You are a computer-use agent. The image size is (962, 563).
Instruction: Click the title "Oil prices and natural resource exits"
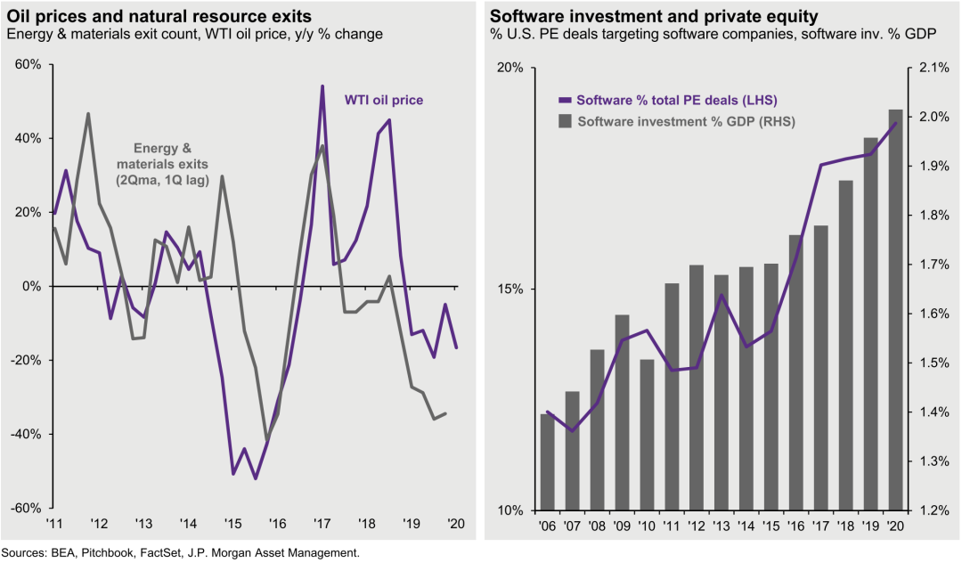click(x=159, y=16)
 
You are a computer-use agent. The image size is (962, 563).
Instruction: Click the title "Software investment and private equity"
click(x=653, y=16)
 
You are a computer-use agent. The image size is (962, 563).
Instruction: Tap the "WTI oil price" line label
click(x=384, y=100)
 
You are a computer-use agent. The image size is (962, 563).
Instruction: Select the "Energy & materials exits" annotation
click(x=163, y=164)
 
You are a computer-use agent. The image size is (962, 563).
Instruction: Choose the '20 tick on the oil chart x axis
click(x=455, y=524)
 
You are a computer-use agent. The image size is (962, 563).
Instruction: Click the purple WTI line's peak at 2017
click(x=322, y=86)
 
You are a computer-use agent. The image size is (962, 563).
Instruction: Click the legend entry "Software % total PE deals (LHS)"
click(x=672, y=100)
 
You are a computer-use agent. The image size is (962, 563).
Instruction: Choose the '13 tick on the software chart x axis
click(x=721, y=526)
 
